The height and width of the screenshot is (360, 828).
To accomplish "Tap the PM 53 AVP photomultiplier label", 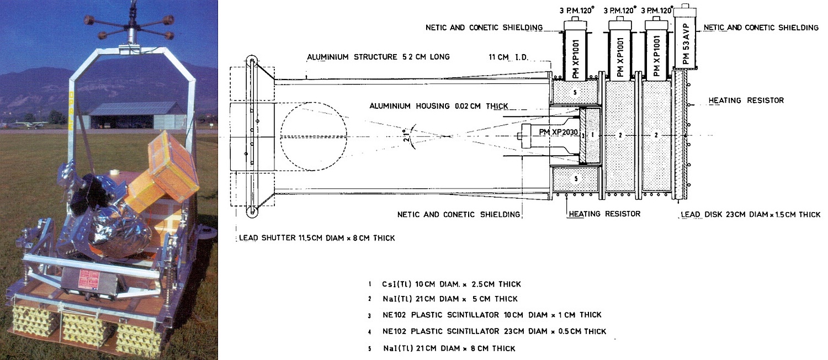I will (686, 46).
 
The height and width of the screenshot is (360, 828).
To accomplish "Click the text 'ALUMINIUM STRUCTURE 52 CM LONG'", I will (379, 57).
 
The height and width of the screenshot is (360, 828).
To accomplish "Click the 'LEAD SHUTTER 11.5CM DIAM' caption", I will (317, 239).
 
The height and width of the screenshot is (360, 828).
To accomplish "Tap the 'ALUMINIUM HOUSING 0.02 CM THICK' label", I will (439, 106).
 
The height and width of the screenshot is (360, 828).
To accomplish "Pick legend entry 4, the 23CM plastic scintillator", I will (494, 331).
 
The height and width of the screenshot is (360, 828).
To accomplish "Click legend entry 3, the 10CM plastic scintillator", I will (491, 315).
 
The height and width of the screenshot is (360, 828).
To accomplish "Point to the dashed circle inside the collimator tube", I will (314, 135).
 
